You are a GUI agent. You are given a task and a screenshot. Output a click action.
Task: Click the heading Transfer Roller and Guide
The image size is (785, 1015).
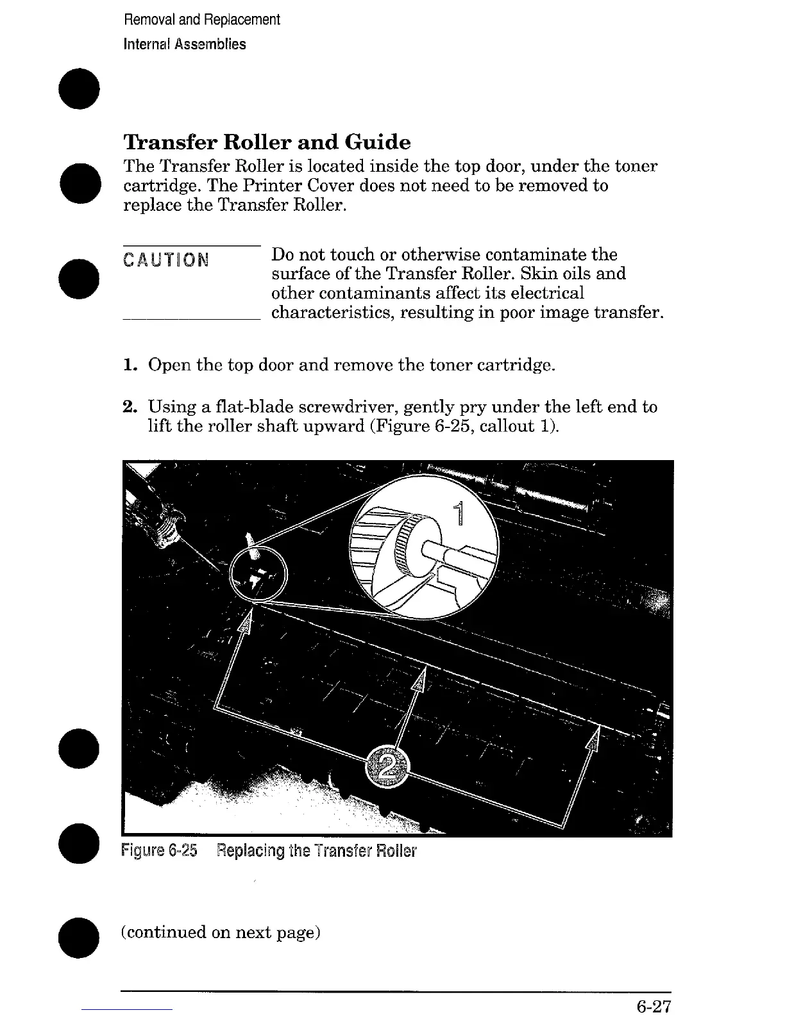[x=267, y=142]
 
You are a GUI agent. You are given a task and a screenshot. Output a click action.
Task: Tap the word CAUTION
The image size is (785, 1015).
[x=166, y=260]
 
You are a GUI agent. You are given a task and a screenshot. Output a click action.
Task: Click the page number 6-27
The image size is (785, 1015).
[x=654, y=1006]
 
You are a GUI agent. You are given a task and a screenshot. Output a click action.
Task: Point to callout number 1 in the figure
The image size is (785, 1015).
[x=458, y=516]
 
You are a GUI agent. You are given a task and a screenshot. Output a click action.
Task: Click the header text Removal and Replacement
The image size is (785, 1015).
[x=202, y=20]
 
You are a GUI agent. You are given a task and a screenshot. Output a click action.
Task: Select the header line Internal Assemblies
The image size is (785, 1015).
[x=185, y=44]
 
